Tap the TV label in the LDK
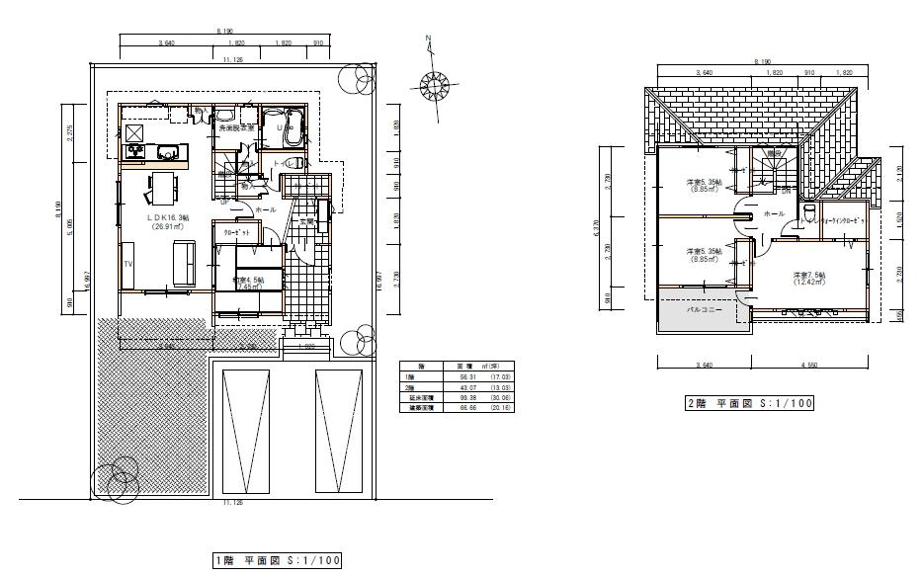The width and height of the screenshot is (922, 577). [128, 265]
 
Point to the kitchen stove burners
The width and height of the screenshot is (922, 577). [134, 151]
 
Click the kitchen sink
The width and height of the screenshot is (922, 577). [167, 151]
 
